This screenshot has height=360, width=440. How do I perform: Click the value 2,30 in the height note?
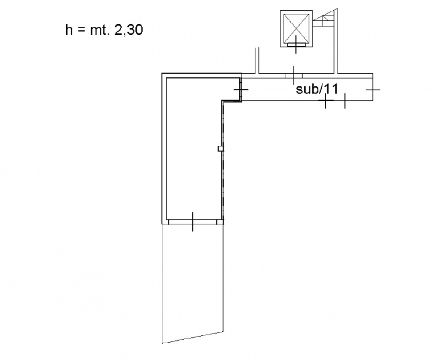(129, 30)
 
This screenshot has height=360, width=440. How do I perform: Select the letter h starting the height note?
(68, 30)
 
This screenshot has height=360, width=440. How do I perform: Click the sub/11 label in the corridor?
(317, 89)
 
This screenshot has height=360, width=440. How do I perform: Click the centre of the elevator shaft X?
(296, 28)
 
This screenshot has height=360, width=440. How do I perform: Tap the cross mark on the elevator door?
(296, 44)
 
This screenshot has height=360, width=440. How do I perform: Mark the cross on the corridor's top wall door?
(294, 76)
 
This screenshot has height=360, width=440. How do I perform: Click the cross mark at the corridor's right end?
(373, 89)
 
